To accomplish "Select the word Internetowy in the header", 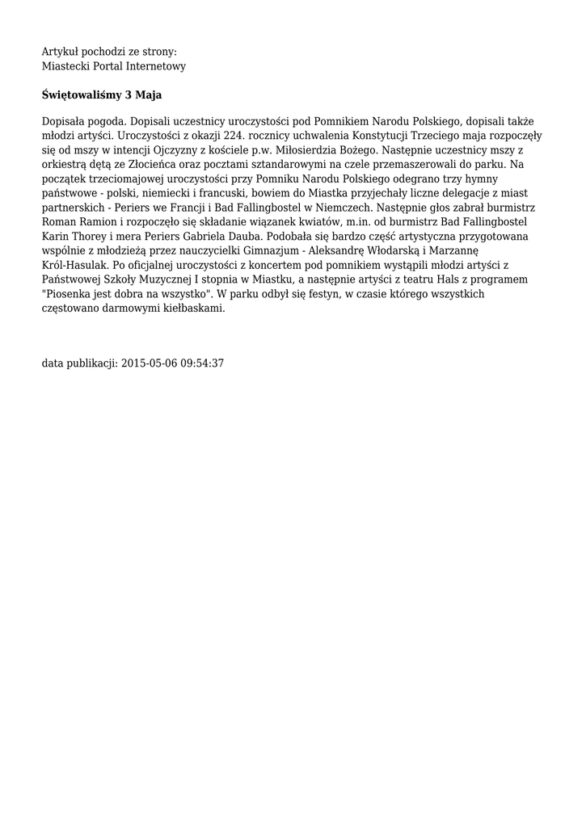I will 157,66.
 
